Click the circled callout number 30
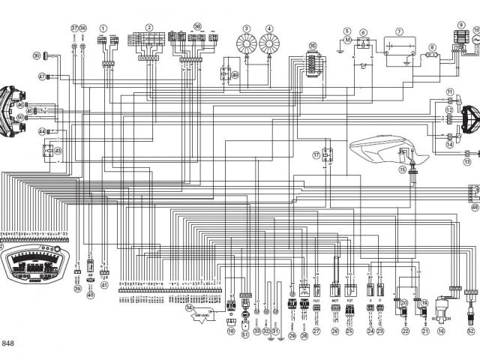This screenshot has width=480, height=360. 35,55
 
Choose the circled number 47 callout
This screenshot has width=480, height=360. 42,76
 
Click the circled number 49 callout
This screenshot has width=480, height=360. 235,75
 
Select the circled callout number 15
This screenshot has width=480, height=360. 403,169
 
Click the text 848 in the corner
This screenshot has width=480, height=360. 8,344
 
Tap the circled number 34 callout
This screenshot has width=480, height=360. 190,309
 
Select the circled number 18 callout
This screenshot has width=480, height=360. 231,330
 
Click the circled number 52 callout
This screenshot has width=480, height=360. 471,330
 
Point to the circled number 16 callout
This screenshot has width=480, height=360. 442,330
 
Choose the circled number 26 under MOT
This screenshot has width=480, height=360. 335,330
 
